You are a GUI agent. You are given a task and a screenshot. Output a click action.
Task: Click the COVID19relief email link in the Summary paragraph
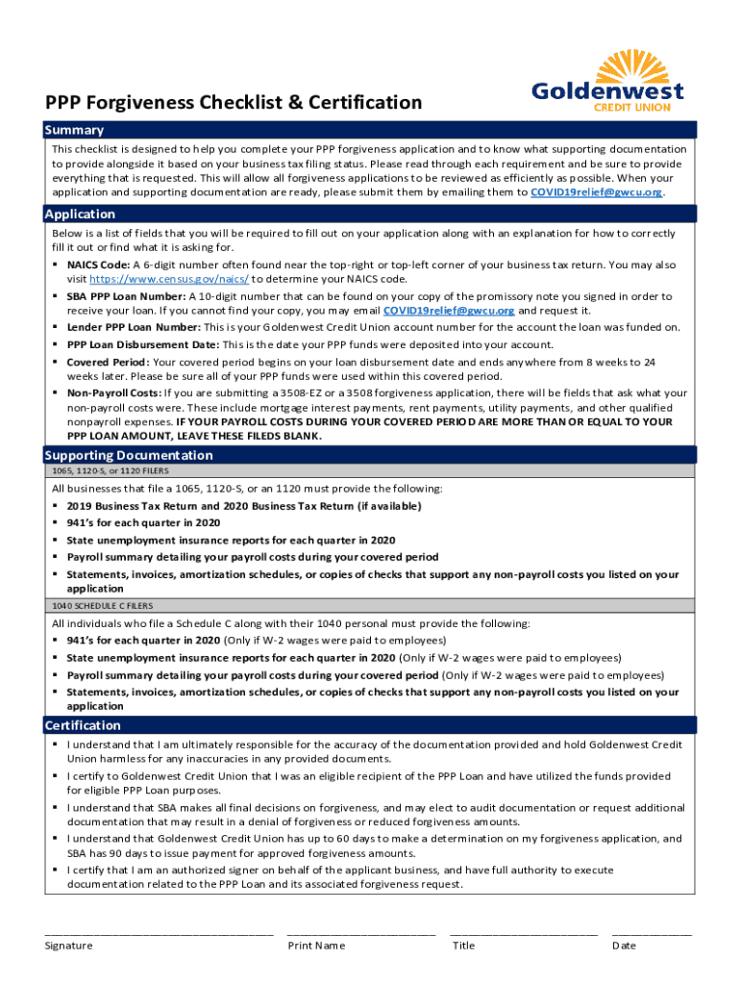[596, 192]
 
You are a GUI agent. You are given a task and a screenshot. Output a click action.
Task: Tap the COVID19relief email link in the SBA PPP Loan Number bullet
[449, 311]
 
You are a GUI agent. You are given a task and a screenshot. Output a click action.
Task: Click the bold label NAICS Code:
[97, 265]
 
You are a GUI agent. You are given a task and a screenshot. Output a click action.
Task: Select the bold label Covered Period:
[108, 362]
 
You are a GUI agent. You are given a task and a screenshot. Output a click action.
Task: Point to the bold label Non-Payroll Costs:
[113, 392]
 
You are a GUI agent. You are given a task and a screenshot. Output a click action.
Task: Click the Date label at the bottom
[624, 945]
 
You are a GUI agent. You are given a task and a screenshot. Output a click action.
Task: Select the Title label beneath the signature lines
[463, 945]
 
